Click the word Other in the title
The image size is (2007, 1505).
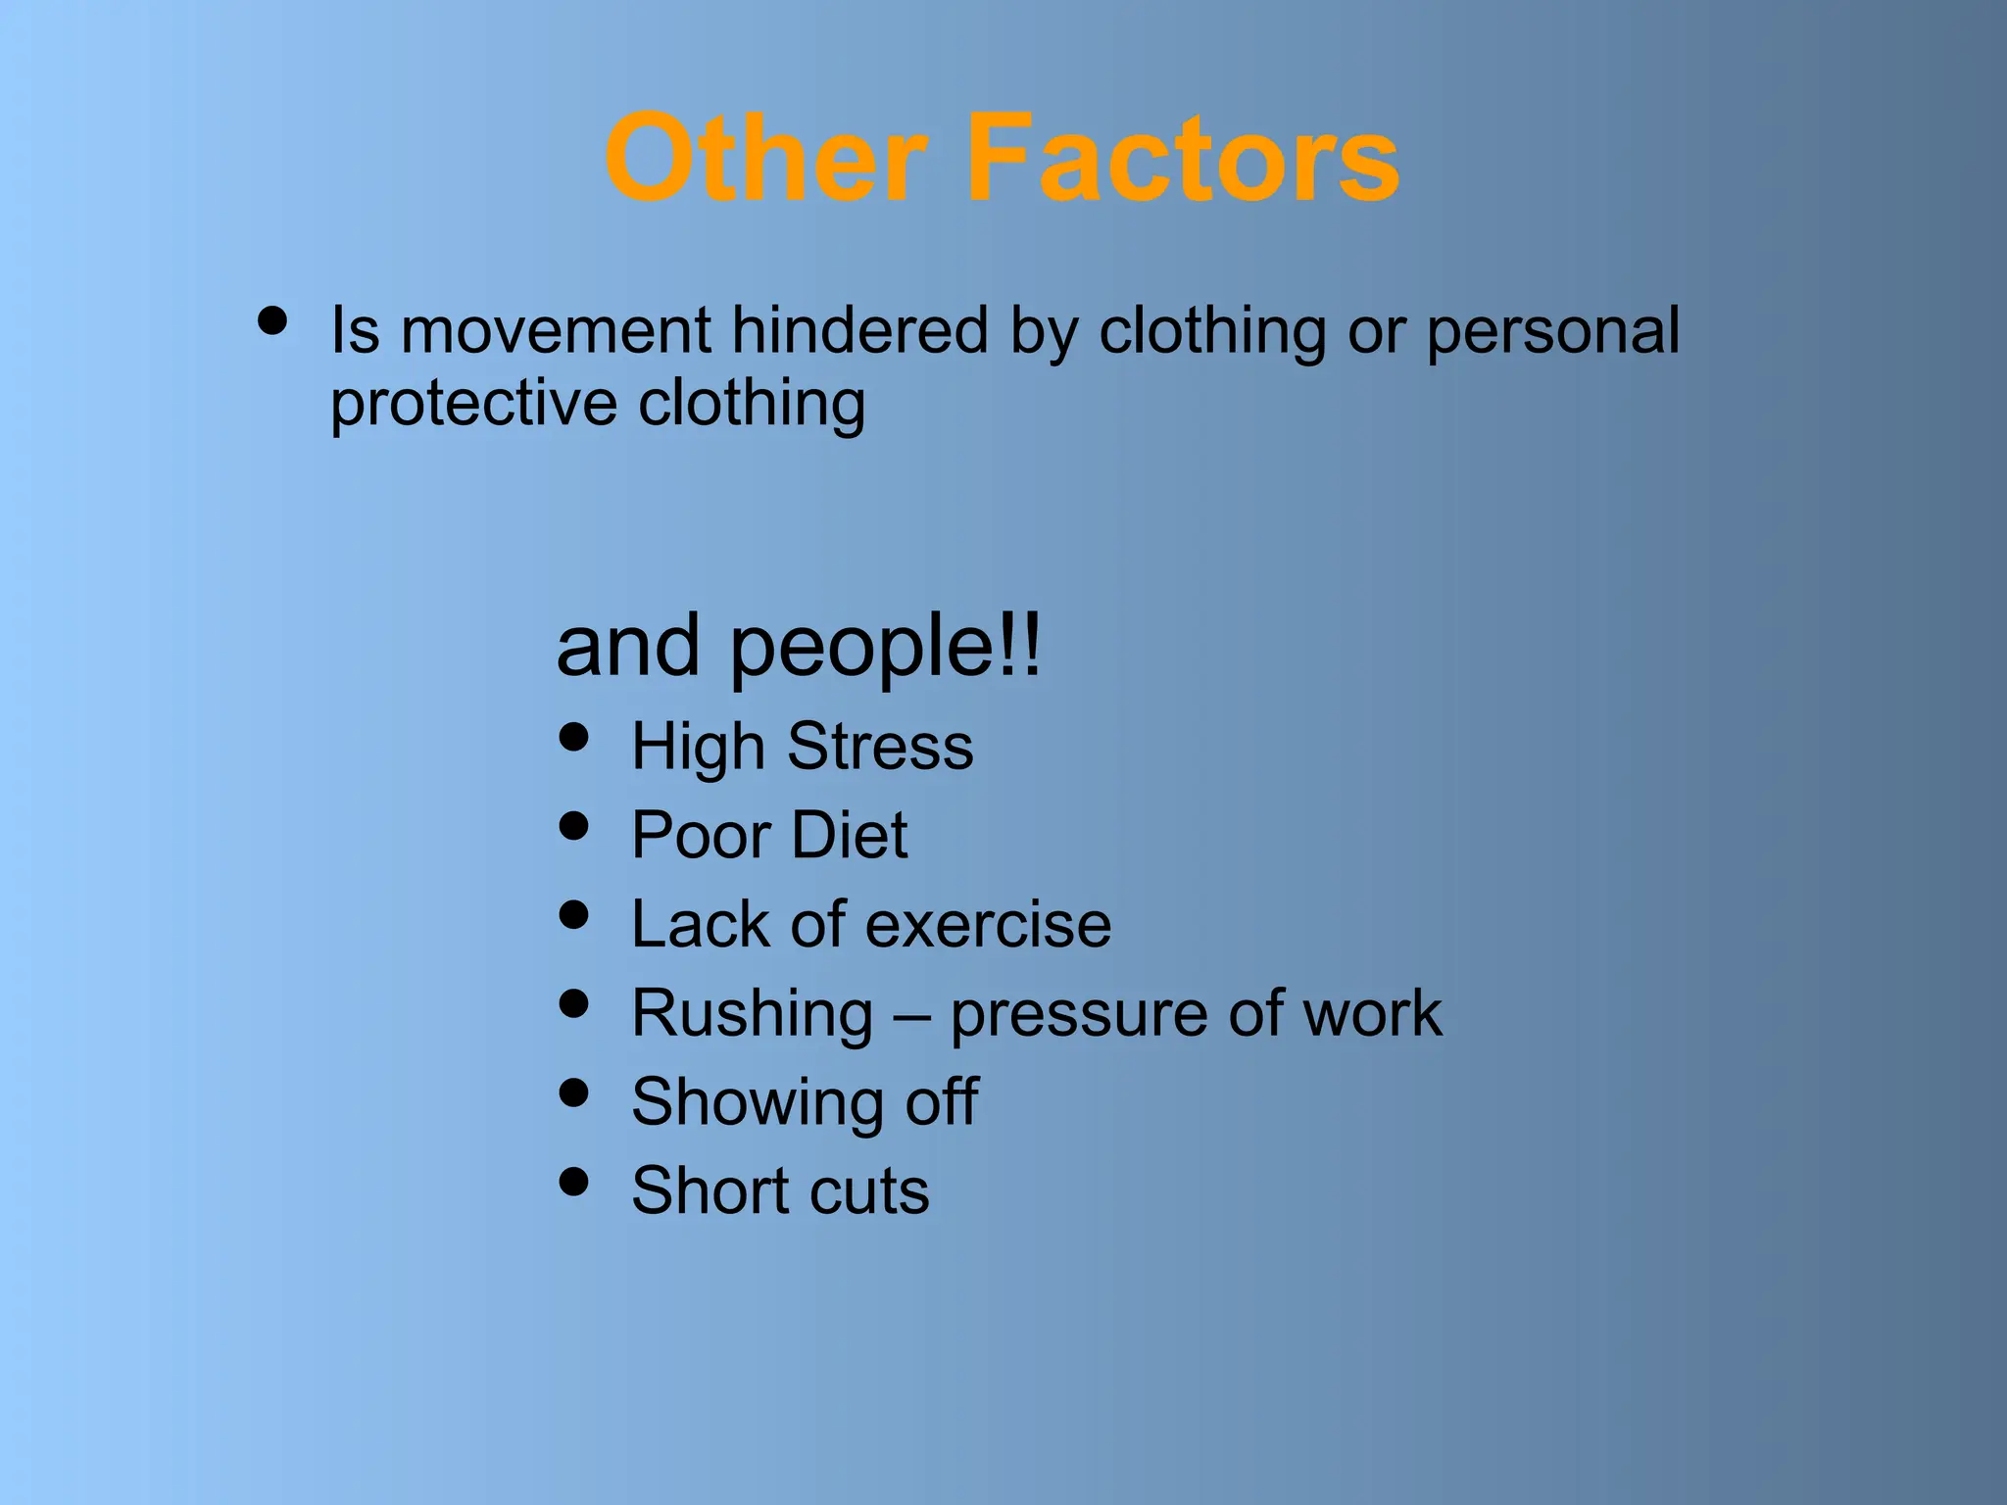(x=764, y=159)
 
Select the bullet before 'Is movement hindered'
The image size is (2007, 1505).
(x=272, y=321)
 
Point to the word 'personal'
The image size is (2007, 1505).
(x=1553, y=332)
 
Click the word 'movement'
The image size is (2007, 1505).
(x=556, y=330)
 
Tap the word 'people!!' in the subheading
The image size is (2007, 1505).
(x=885, y=648)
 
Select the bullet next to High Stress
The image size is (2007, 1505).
(x=573, y=737)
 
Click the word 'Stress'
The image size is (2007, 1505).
(x=880, y=747)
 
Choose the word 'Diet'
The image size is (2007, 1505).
(x=849, y=836)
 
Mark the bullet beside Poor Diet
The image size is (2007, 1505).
(x=573, y=826)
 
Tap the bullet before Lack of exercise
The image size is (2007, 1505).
(x=573, y=915)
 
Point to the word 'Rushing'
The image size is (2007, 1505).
(x=752, y=1014)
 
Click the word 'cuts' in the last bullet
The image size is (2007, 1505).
(x=873, y=1191)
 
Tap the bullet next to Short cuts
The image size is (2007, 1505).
(x=573, y=1182)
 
